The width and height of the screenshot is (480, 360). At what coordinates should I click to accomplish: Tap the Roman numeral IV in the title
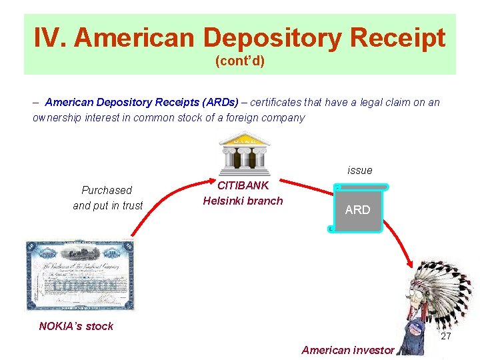[x=49, y=38]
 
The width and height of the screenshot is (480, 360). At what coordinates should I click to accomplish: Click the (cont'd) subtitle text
[x=240, y=61]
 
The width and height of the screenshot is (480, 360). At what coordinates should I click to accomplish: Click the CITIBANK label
[x=243, y=185]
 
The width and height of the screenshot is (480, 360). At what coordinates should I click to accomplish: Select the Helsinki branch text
[x=243, y=201]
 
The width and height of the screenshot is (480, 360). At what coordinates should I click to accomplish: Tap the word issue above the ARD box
[x=360, y=170]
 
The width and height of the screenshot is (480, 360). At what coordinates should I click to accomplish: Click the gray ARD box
[x=357, y=209]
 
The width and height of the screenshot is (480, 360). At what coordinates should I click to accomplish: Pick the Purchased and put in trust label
[x=108, y=198]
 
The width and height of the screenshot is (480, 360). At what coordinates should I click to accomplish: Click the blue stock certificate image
[x=80, y=275]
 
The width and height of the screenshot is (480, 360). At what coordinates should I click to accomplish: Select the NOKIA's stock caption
[x=76, y=326]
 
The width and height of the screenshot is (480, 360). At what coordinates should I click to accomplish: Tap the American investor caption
[x=348, y=349]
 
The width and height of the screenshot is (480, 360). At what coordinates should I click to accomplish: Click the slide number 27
[x=446, y=336]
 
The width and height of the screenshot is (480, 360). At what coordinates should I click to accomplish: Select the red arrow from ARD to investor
[x=400, y=240]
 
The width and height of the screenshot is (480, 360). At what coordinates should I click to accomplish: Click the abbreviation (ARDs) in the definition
[x=216, y=102]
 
